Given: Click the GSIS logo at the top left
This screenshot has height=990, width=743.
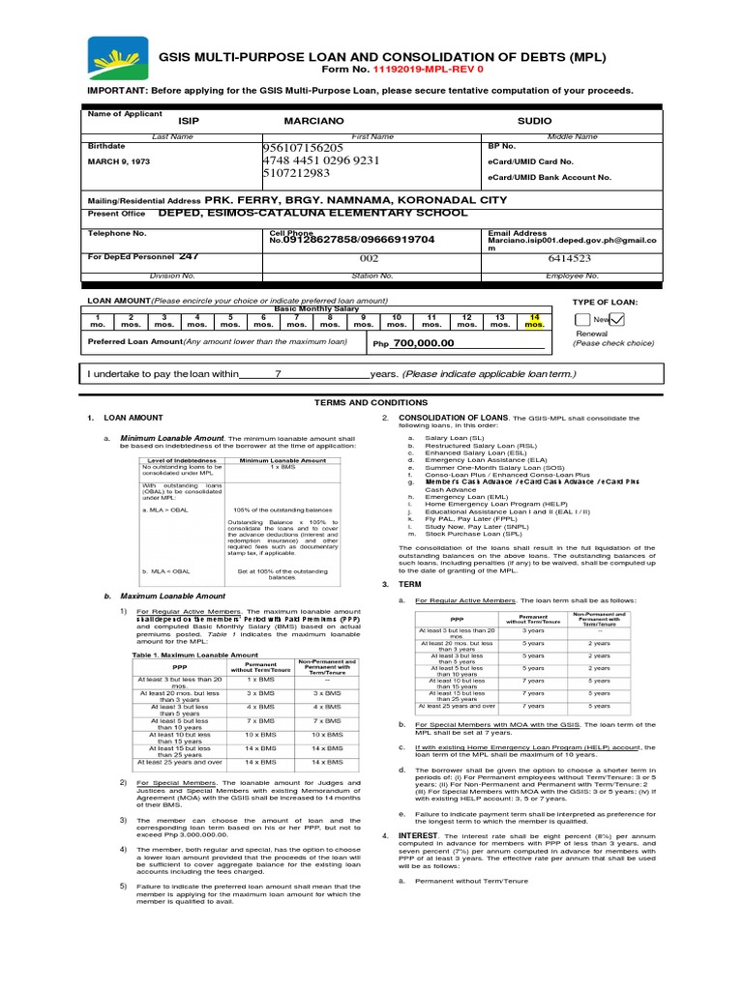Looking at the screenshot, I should [x=117, y=60].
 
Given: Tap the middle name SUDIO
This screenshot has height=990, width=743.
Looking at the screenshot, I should [x=534, y=121].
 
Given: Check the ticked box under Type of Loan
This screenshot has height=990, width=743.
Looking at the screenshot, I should [x=616, y=320].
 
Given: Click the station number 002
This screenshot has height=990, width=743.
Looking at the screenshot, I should [x=342, y=259].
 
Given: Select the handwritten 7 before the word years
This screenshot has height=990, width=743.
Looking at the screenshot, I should [x=279, y=374].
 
